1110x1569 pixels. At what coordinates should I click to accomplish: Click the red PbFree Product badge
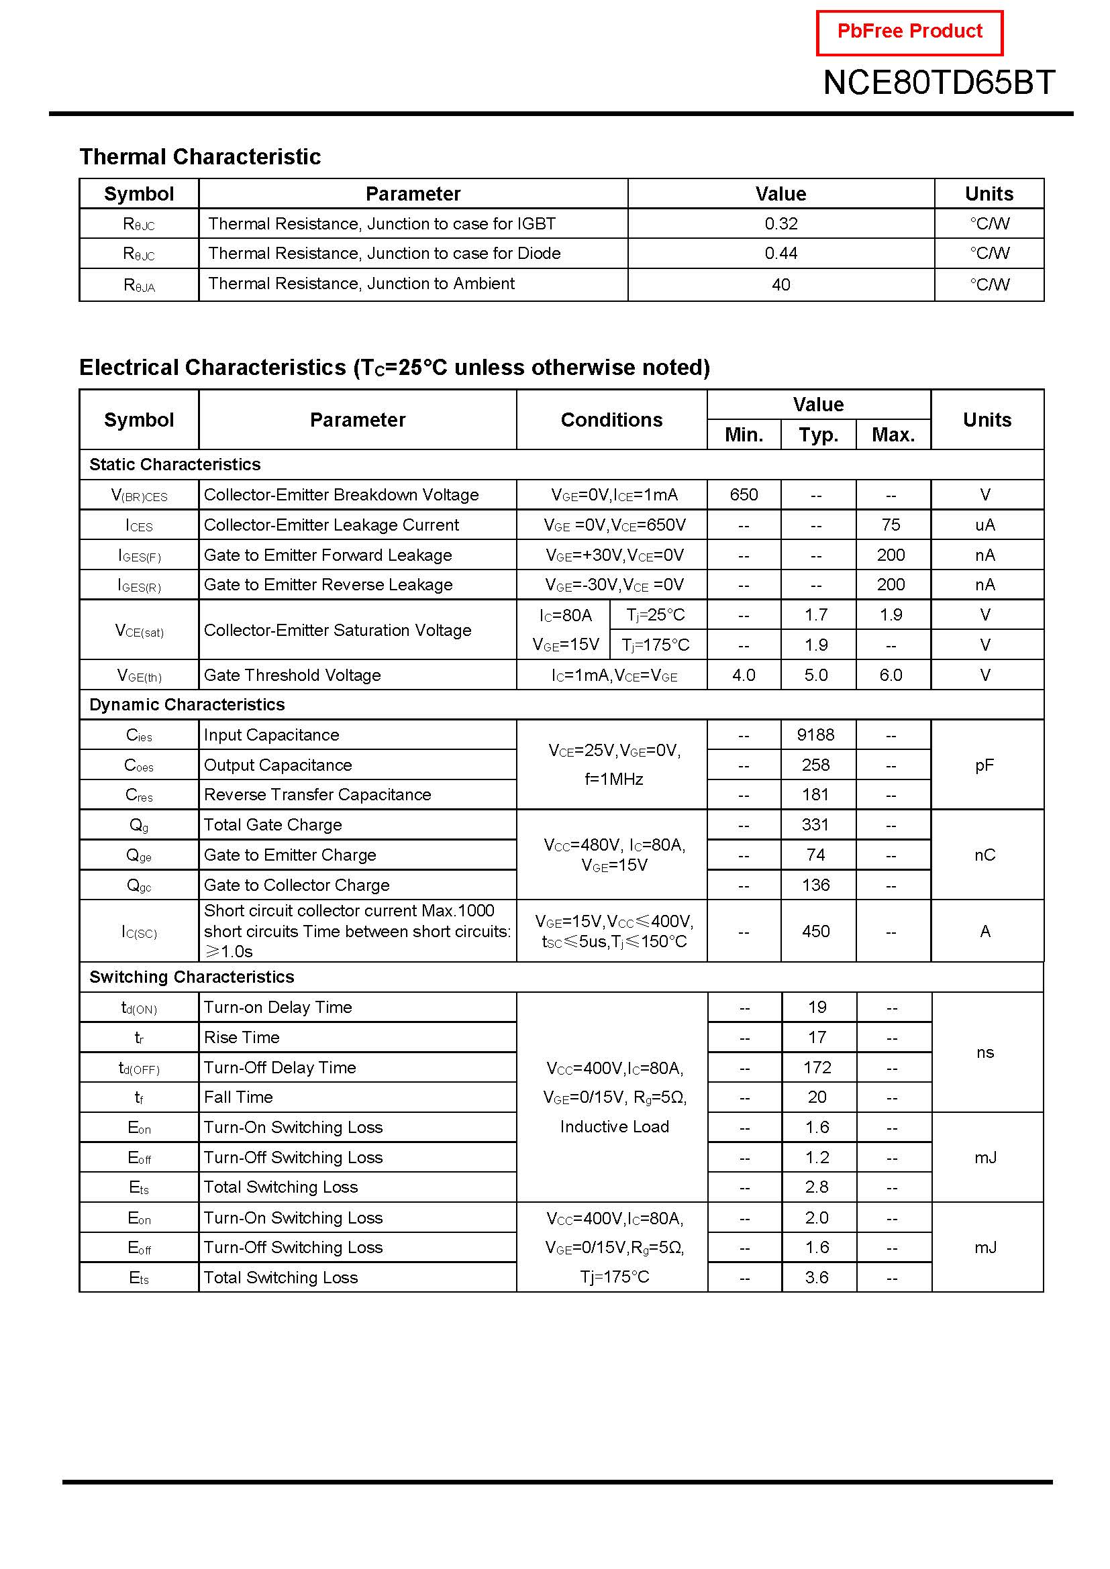[909, 32]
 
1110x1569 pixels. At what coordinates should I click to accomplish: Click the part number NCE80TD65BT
[938, 83]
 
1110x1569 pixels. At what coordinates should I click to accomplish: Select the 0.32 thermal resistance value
[780, 223]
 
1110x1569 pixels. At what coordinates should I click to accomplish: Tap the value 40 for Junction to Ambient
[780, 284]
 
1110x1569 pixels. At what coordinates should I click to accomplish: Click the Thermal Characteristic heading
[199, 156]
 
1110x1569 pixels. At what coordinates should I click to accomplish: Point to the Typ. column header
[818, 435]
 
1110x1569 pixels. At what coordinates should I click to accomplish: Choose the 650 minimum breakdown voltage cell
[744, 494]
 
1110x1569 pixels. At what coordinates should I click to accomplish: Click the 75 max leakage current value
[891, 525]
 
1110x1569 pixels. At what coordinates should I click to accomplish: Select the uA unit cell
[985, 525]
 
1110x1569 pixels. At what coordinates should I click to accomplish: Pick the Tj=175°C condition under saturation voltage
[656, 645]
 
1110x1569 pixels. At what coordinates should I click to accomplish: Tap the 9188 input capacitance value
[815, 735]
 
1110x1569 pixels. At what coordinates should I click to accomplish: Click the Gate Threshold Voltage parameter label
[292, 675]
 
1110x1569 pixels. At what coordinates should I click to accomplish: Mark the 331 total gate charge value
[815, 825]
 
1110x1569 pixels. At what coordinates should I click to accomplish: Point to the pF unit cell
[985, 765]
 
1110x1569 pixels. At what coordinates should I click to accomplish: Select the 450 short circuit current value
[815, 932]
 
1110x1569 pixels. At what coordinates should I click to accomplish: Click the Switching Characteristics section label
[191, 977]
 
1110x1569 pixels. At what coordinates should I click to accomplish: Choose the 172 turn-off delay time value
[817, 1067]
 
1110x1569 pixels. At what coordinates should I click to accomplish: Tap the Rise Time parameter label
[242, 1037]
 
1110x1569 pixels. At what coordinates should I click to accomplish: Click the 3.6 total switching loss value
[817, 1277]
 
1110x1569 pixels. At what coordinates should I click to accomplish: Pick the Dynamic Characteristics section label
[187, 704]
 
